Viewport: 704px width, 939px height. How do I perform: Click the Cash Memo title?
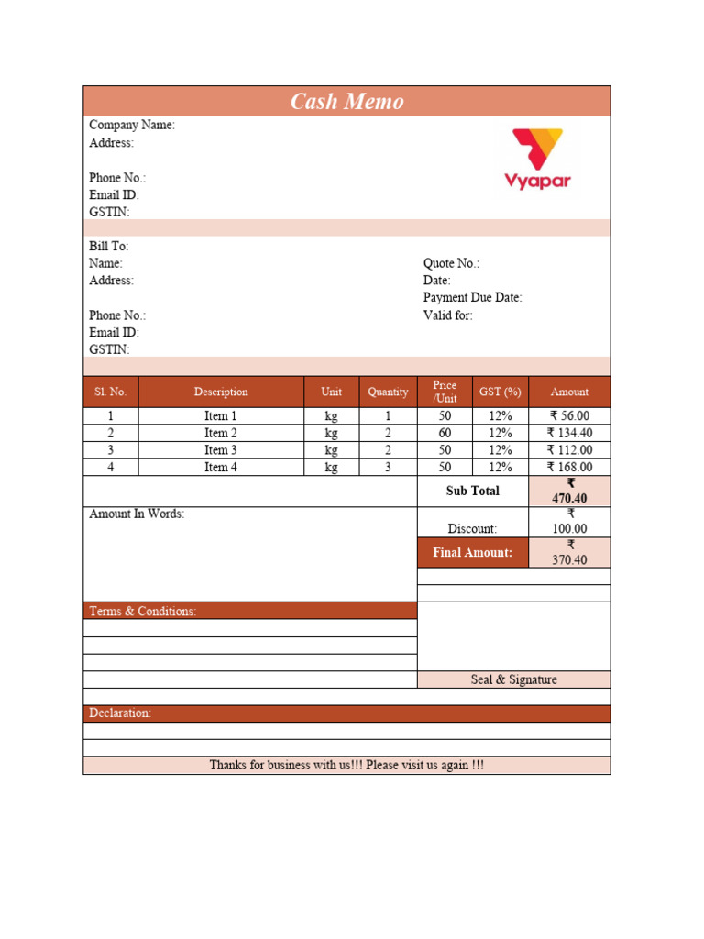click(346, 101)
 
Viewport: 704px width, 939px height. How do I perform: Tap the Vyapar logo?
click(537, 158)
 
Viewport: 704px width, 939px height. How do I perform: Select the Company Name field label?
click(131, 125)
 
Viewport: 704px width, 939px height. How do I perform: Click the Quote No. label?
click(450, 263)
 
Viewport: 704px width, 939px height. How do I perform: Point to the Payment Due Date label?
click(472, 298)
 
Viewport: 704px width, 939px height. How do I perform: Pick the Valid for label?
click(447, 315)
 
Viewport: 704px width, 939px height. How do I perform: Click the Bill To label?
click(108, 247)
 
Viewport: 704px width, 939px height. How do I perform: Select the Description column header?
click(221, 392)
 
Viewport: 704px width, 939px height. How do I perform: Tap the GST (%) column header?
click(500, 392)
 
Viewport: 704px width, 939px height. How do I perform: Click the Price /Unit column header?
click(445, 392)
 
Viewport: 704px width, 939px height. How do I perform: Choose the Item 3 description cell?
click(221, 450)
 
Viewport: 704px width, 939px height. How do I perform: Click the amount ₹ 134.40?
click(569, 433)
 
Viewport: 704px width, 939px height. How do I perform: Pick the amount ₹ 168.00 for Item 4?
click(569, 468)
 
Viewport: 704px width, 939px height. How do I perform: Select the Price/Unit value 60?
click(445, 433)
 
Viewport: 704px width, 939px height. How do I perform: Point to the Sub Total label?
click(472, 491)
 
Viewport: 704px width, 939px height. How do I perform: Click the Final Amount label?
click(472, 553)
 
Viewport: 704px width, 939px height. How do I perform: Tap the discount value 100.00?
click(569, 529)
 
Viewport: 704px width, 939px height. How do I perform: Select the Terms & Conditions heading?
click(142, 611)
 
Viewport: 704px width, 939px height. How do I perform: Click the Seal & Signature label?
click(513, 679)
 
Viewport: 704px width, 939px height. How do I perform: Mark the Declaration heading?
click(120, 713)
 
